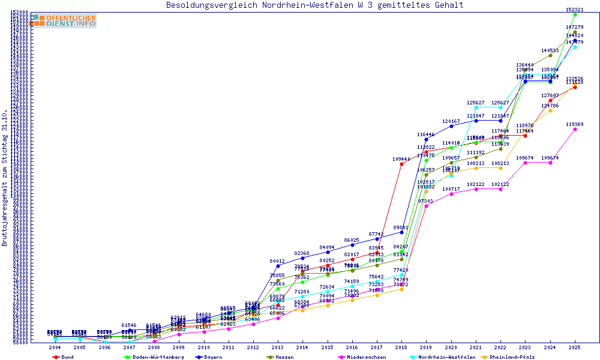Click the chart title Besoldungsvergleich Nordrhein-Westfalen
[x=314, y=5]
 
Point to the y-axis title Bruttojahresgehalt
[x=5, y=178]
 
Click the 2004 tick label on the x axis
[x=55, y=347]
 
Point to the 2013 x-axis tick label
[x=277, y=347]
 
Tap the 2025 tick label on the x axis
[x=575, y=347]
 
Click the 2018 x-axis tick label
[x=401, y=347]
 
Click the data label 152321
[x=575, y=10]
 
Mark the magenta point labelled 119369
[x=575, y=129]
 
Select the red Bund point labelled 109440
[x=401, y=164]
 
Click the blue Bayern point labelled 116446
[x=426, y=139]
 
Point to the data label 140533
[x=550, y=50]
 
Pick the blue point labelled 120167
[x=451, y=126]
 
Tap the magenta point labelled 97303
[x=426, y=206]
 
